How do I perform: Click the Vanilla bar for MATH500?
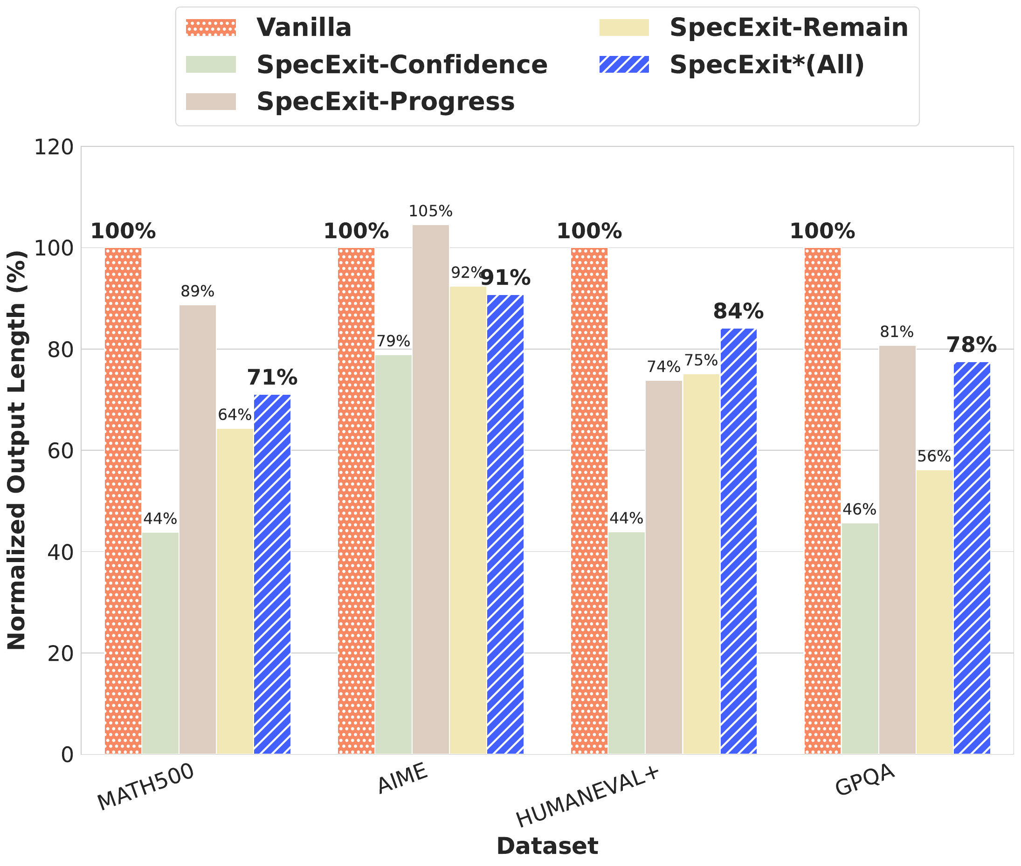123,501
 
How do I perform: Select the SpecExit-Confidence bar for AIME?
393,555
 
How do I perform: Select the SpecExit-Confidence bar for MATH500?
160,643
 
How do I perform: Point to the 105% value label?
430,212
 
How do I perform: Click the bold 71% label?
272,378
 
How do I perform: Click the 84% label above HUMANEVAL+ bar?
738,311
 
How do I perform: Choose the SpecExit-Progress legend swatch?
211,102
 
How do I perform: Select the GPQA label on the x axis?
865,780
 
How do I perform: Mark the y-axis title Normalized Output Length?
17,451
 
